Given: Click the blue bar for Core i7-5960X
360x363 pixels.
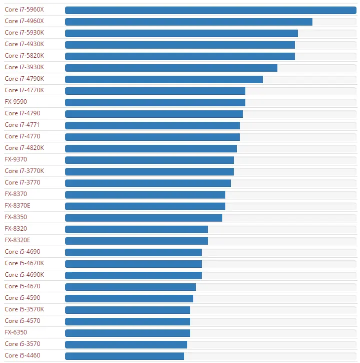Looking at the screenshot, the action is pyautogui.click(x=211, y=10).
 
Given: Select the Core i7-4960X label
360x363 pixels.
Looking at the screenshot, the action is pyautogui.click(x=24, y=21).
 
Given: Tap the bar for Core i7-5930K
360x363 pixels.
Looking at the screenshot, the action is pyautogui.click(x=182, y=33).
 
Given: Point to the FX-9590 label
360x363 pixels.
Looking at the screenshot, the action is pyautogui.click(x=16, y=102).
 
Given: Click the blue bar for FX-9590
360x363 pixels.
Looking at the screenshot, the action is pyautogui.click(x=155, y=103).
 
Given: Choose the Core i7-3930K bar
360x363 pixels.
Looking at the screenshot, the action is pyautogui.click(x=171, y=68).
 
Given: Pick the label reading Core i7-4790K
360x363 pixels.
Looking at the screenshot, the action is pyautogui.click(x=24, y=79).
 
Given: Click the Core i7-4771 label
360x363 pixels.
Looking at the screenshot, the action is pyautogui.click(x=22, y=125).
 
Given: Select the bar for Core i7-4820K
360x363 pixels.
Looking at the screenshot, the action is pyautogui.click(x=151, y=148).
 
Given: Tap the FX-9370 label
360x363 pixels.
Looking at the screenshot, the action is pyautogui.click(x=16, y=159).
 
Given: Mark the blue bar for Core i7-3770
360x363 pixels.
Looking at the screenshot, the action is pyautogui.click(x=148, y=183).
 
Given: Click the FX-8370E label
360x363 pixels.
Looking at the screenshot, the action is pyautogui.click(x=18, y=206).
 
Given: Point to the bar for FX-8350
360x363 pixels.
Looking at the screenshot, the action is pyautogui.click(x=144, y=218).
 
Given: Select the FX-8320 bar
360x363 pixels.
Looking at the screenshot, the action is pyautogui.click(x=136, y=230).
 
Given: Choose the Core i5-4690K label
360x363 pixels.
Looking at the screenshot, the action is pyautogui.click(x=24, y=275).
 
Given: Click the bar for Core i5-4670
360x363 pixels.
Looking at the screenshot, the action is pyautogui.click(x=130, y=287).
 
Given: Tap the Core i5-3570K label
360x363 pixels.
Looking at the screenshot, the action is pyautogui.click(x=24, y=309).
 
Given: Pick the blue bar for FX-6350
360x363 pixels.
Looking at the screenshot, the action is pyautogui.click(x=128, y=333).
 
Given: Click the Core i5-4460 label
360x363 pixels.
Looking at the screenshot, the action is pyautogui.click(x=23, y=355).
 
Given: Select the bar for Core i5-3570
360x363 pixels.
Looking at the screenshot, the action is pyautogui.click(x=126, y=345).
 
